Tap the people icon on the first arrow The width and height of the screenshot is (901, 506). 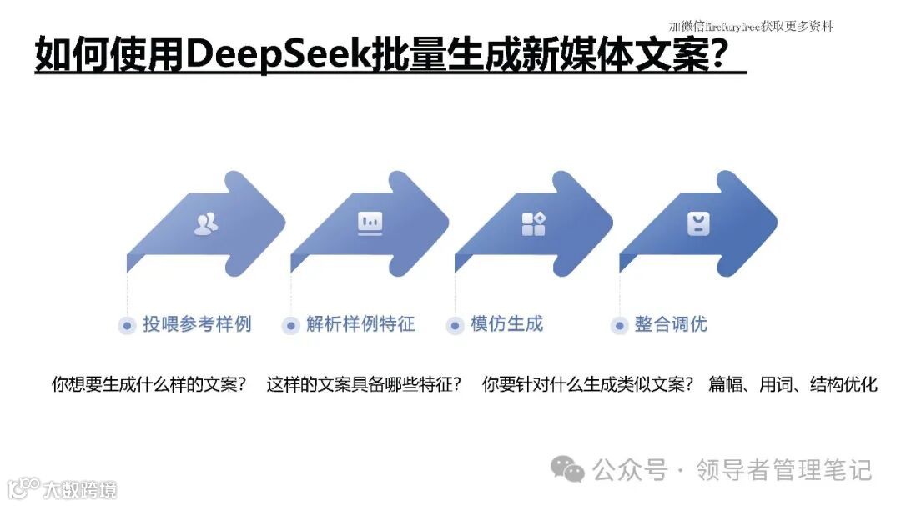pyautogui.click(x=206, y=223)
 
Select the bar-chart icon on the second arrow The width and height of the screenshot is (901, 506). pyautogui.click(x=370, y=223)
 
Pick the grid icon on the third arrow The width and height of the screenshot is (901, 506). pyautogui.click(x=533, y=223)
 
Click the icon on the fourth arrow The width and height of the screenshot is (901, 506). pyautogui.click(x=697, y=223)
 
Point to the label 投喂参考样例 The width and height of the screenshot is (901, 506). pyautogui.click(x=197, y=324)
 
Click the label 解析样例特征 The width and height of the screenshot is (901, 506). pyautogui.click(x=360, y=324)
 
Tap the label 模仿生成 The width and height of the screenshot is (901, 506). pyautogui.click(x=506, y=324)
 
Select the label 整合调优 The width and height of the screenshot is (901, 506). pyautogui.click(x=671, y=324)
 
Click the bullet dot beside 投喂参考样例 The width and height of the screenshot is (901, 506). pyautogui.click(x=127, y=326)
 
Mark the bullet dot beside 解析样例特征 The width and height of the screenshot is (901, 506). pyautogui.click(x=290, y=326)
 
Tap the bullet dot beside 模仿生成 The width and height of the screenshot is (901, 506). pyautogui.click(x=455, y=326)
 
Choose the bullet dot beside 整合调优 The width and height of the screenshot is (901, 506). pyautogui.click(x=618, y=326)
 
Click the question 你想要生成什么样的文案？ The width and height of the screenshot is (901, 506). pyautogui.click(x=149, y=385)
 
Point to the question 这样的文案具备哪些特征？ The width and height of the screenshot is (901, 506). pyautogui.click(x=364, y=385)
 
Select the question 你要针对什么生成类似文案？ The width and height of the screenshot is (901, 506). pyautogui.click(x=588, y=385)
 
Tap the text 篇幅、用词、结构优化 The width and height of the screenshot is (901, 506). pyautogui.click(x=793, y=385)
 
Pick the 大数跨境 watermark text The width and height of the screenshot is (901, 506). pyautogui.click(x=80, y=488)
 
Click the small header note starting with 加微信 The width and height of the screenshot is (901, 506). pyautogui.click(x=751, y=26)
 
